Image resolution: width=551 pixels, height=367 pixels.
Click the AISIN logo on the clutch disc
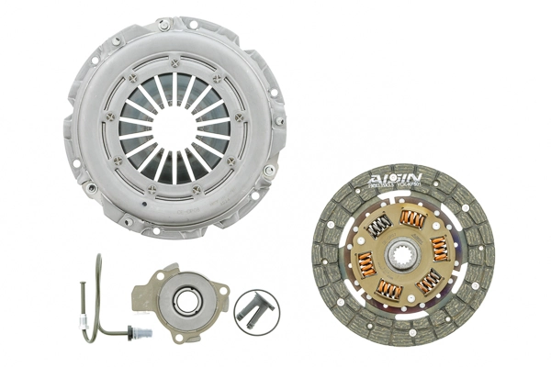[397, 178]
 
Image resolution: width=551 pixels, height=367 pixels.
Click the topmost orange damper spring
[412, 218]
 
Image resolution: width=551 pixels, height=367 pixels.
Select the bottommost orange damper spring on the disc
[391, 290]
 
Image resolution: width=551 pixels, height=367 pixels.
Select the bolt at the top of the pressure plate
[163, 26]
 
